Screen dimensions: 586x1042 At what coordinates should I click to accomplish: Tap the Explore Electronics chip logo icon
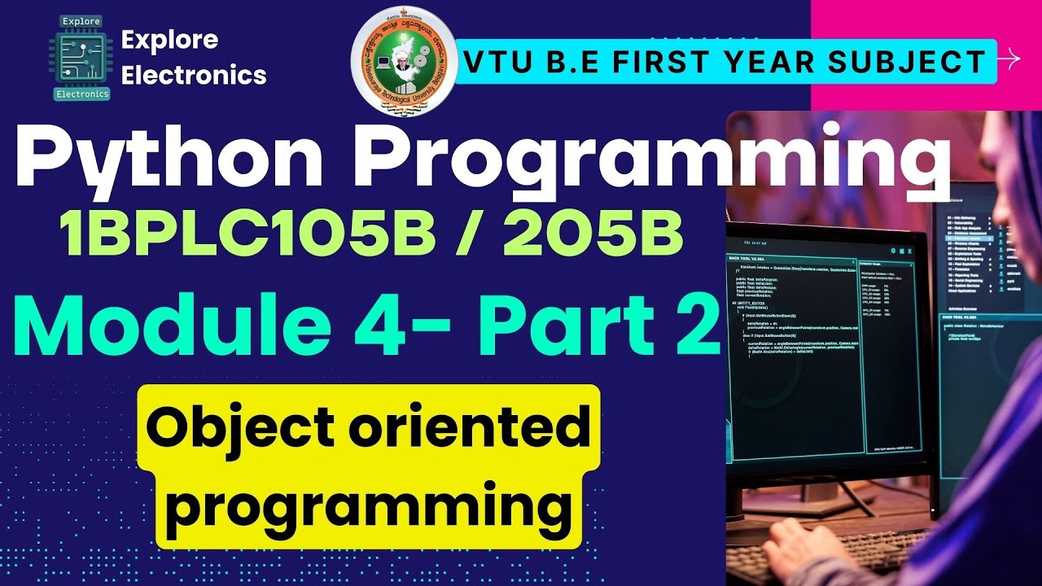click(81, 57)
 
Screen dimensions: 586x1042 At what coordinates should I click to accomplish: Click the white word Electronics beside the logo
click(193, 75)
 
